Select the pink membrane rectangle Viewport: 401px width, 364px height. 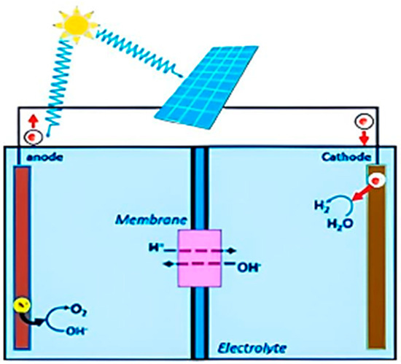tap(199, 259)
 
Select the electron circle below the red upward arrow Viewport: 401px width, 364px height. tap(31, 136)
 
